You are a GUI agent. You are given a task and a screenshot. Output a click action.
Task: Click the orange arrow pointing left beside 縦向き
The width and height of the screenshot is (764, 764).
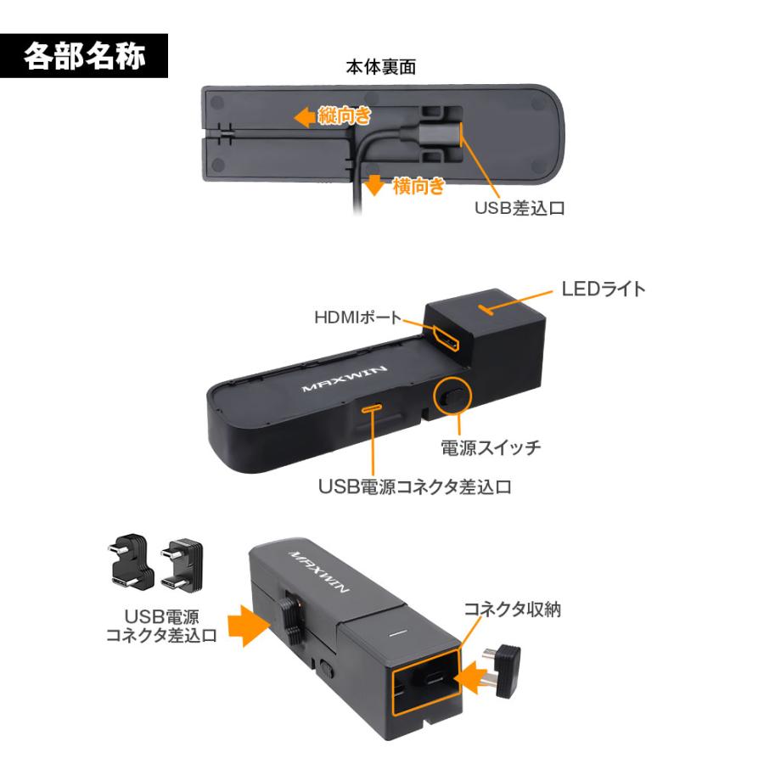point(303,118)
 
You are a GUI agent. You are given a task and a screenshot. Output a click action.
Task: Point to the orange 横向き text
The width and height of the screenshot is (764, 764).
point(418,185)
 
